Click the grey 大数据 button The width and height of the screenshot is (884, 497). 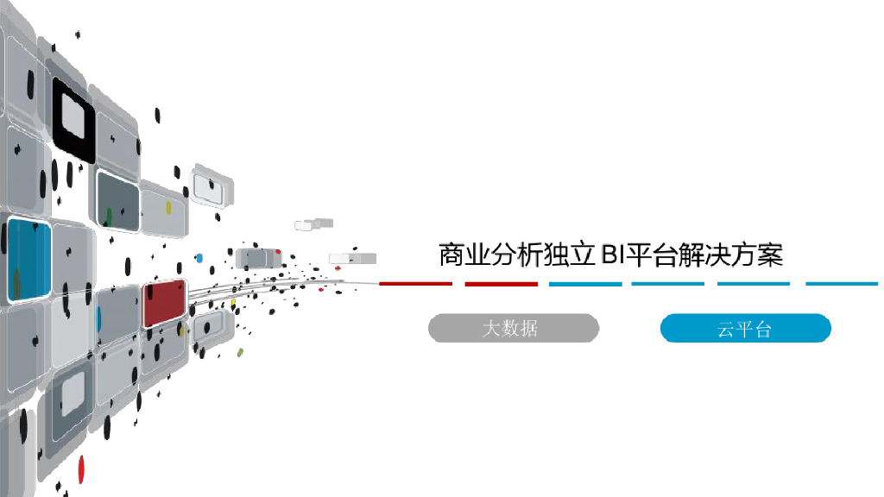pyautogui.click(x=513, y=328)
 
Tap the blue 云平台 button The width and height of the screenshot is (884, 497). pyautogui.click(x=745, y=328)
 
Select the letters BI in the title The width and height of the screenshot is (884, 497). pyautogui.click(x=611, y=255)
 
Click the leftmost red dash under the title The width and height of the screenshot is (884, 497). pyautogui.click(x=415, y=284)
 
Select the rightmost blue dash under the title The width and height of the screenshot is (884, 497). pyautogui.click(x=842, y=284)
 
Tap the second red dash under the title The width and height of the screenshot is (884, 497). pyautogui.click(x=501, y=284)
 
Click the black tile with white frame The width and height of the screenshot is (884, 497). pyautogui.click(x=73, y=119)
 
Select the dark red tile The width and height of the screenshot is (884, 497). pyautogui.click(x=164, y=302)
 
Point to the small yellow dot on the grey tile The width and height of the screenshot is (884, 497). pyautogui.click(x=169, y=208)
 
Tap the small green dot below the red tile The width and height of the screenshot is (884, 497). pyautogui.click(x=240, y=352)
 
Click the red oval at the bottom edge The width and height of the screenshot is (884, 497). pyautogui.click(x=81, y=469)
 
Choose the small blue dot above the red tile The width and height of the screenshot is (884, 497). pyautogui.click(x=199, y=257)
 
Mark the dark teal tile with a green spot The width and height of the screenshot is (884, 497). pyautogui.click(x=117, y=202)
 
